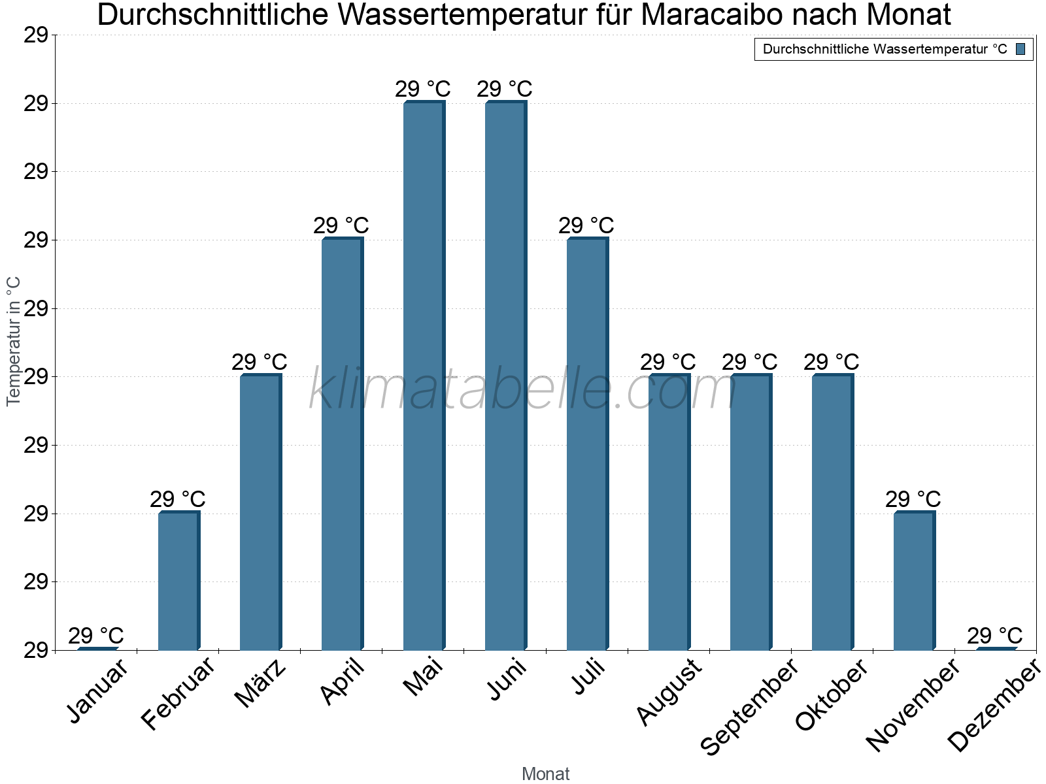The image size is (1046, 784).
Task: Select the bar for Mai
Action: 424,376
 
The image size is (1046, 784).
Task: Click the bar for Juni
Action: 505,376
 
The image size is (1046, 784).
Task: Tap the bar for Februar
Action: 178,581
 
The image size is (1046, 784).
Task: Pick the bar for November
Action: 914,581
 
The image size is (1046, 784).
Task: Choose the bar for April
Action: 342,444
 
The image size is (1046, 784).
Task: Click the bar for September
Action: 751,512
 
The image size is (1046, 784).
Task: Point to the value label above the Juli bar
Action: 586,225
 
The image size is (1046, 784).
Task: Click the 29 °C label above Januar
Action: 95,635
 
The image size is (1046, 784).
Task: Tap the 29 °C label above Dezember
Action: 994,635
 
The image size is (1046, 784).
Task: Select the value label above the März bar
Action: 259,362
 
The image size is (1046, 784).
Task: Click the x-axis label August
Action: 669,693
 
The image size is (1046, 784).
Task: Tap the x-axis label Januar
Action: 97,693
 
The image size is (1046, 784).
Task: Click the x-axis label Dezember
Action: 994,706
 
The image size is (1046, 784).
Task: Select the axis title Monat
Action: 546,774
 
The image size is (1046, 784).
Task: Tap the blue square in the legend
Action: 1021,49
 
